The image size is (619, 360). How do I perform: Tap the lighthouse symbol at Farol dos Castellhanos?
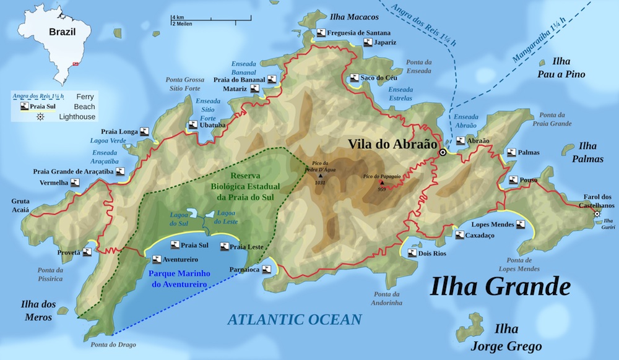pyautogui.click(x=597, y=214)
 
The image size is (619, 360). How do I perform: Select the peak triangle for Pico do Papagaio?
pyautogui.click(x=382, y=182)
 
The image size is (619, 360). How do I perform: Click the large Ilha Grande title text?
pyautogui.click(x=500, y=286)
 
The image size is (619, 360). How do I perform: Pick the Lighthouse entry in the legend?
pyautogui.click(x=77, y=116)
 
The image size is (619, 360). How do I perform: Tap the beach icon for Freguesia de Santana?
pyautogui.click(x=320, y=32)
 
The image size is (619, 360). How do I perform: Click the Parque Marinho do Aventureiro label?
pyautogui.click(x=178, y=278)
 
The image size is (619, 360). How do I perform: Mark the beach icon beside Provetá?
pyautogui.click(x=87, y=252)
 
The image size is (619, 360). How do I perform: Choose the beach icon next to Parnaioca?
pyautogui.click(x=267, y=269)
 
